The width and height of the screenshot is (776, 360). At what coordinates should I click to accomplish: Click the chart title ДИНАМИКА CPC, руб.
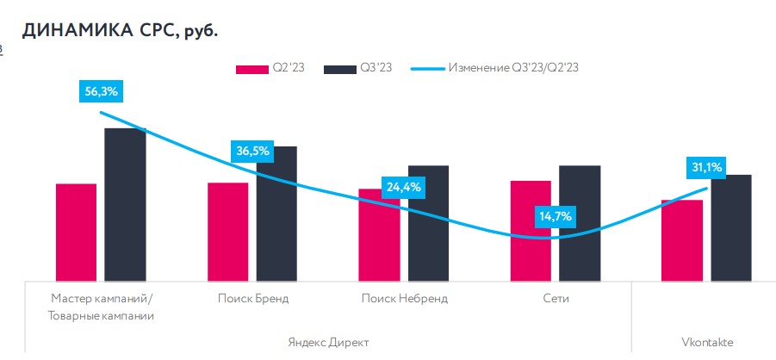(121, 32)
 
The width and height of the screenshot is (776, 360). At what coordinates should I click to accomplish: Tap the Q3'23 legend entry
(358, 68)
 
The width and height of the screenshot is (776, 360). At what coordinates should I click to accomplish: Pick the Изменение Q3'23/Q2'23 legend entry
(507, 68)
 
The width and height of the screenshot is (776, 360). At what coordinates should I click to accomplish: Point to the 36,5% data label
(252, 152)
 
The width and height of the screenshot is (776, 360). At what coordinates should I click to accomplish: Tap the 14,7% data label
(555, 216)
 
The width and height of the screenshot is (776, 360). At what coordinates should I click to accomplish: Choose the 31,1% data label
(706, 167)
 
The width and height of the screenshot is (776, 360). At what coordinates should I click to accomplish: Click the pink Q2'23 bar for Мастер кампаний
(76, 232)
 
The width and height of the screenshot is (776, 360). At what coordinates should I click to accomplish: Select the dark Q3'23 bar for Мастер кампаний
(125, 204)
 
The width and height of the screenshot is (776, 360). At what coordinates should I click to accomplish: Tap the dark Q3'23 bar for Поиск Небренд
(428, 222)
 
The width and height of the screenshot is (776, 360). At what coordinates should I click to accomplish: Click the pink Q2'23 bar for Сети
(531, 230)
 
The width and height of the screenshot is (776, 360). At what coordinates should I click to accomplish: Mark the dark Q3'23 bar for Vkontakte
(731, 227)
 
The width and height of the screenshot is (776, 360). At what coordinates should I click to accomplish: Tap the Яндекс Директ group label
(328, 342)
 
